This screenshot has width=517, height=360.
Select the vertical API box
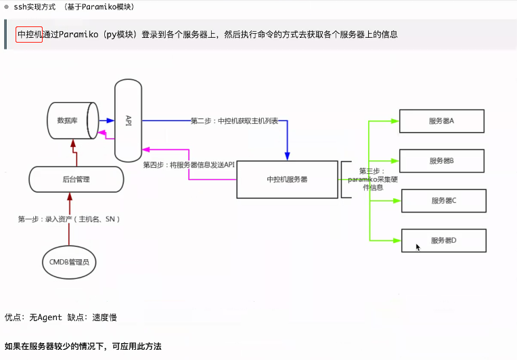[129, 120]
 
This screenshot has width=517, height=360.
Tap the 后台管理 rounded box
[76, 179]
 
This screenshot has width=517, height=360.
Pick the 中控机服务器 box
[287, 179]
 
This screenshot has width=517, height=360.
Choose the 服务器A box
[442, 121]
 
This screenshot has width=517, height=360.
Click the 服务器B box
[442, 161]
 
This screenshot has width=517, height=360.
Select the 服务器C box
[444, 201]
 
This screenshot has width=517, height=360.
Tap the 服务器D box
[444, 240]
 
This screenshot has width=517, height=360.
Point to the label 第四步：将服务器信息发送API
[189, 164]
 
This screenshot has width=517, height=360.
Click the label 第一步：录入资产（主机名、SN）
[69, 219]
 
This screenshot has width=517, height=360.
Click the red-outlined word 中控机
[29, 34]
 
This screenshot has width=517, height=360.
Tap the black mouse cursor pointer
[418, 248]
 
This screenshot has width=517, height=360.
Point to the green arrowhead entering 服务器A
[395, 121]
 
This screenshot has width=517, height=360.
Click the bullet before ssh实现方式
[6, 7]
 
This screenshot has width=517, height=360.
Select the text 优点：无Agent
[33, 317]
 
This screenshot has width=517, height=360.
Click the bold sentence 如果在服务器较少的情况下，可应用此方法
[83, 346]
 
